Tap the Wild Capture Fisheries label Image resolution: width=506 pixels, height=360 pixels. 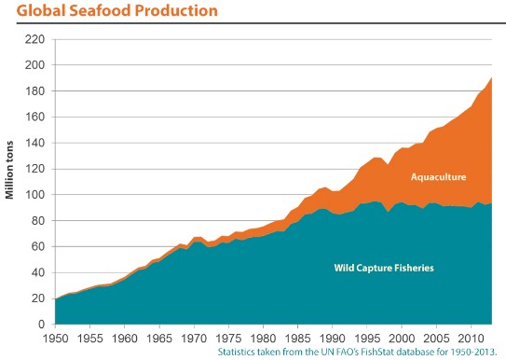(385, 268)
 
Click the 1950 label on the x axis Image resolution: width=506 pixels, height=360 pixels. (56, 338)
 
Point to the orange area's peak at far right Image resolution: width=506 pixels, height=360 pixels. (491, 78)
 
